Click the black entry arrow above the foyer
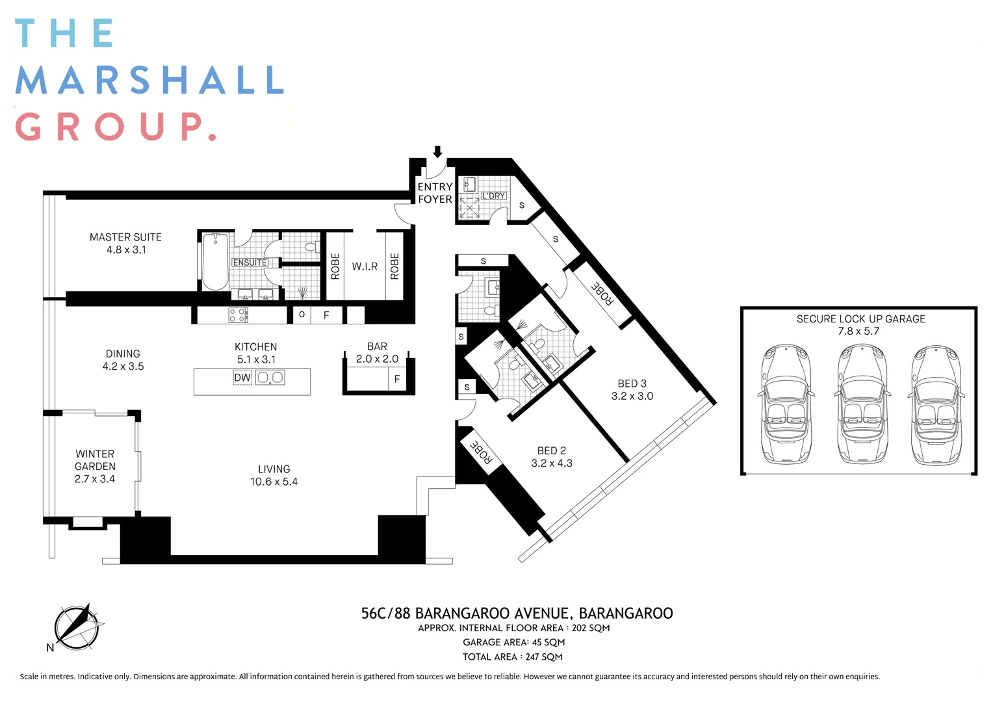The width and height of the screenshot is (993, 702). [x=437, y=152]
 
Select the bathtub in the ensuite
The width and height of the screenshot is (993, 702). [x=215, y=261]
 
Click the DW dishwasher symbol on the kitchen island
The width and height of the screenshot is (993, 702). [x=242, y=378]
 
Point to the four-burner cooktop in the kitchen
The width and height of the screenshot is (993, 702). [x=238, y=315]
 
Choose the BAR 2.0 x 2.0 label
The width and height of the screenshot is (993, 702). [x=377, y=352]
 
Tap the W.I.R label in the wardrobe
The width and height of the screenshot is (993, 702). [x=365, y=266]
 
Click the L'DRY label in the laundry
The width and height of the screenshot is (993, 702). [x=493, y=196]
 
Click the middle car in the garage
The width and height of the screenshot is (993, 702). [x=863, y=404]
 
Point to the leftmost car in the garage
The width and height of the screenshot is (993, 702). [x=786, y=404]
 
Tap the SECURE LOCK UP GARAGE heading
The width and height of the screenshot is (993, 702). [x=860, y=319]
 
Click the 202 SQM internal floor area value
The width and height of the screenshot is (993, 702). [x=591, y=628]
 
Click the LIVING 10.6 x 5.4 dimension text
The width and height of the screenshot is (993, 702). [x=274, y=482]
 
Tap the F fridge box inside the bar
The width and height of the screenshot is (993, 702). [x=397, y=379]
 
